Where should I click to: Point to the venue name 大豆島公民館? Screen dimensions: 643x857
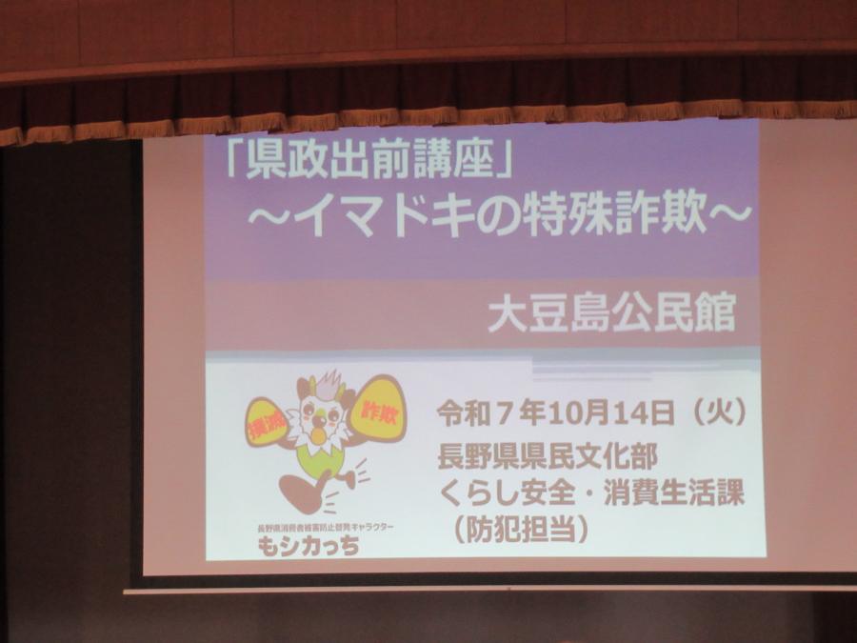(x=611, y=315)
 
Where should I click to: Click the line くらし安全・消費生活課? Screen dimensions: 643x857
(x=590, y=492)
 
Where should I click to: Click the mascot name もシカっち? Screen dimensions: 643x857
(x=309, y=547)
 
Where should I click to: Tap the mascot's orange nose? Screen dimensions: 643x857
(x=317, y=435)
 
